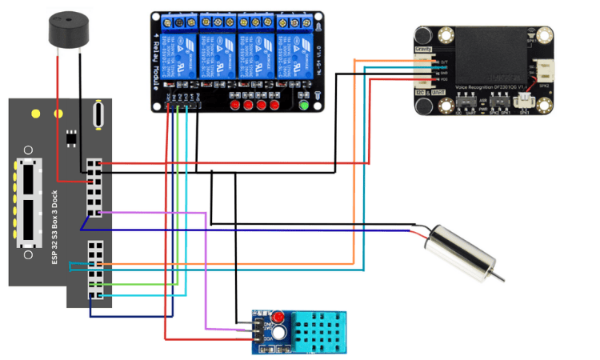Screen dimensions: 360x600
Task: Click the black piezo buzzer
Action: point(65,30)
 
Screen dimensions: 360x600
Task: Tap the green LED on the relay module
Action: point(303,105)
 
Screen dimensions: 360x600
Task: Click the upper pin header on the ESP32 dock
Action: point(95,187)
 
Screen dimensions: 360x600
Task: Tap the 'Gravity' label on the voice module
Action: point(423,50)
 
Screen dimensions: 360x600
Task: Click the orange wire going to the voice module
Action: point(354,160)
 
